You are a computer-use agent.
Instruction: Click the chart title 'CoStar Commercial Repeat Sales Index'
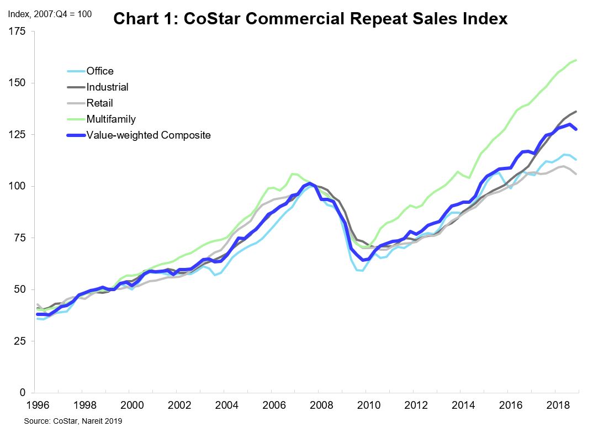(310, 19)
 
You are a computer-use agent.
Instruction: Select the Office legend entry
(99, 71)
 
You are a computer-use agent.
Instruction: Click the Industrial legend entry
(107, 87)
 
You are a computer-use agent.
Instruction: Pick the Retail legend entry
(99, 103)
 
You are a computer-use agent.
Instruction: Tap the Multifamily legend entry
(110, 119)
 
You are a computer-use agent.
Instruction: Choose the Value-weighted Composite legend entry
(148, 135)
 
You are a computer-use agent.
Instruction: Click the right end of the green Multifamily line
(576, 60)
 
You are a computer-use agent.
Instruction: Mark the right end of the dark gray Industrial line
(576, 112)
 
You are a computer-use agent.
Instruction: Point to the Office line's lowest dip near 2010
(362, 270)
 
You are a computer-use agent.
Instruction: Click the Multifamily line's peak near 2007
(293, 173)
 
